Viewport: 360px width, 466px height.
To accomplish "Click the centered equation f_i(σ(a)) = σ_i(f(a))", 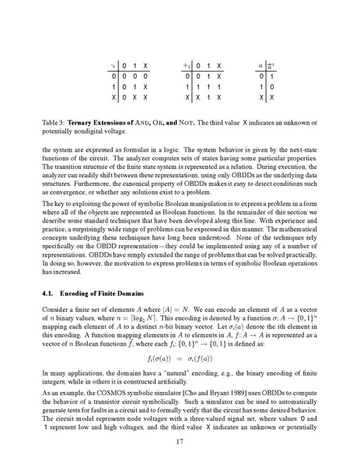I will coord(180,360).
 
